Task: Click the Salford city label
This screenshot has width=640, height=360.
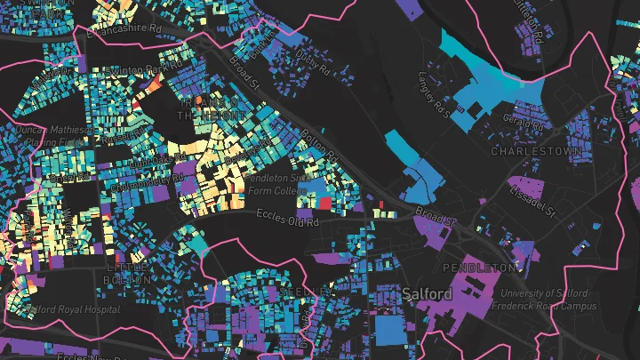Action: click(428, 294)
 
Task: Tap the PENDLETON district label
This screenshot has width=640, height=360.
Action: click(480, 267)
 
